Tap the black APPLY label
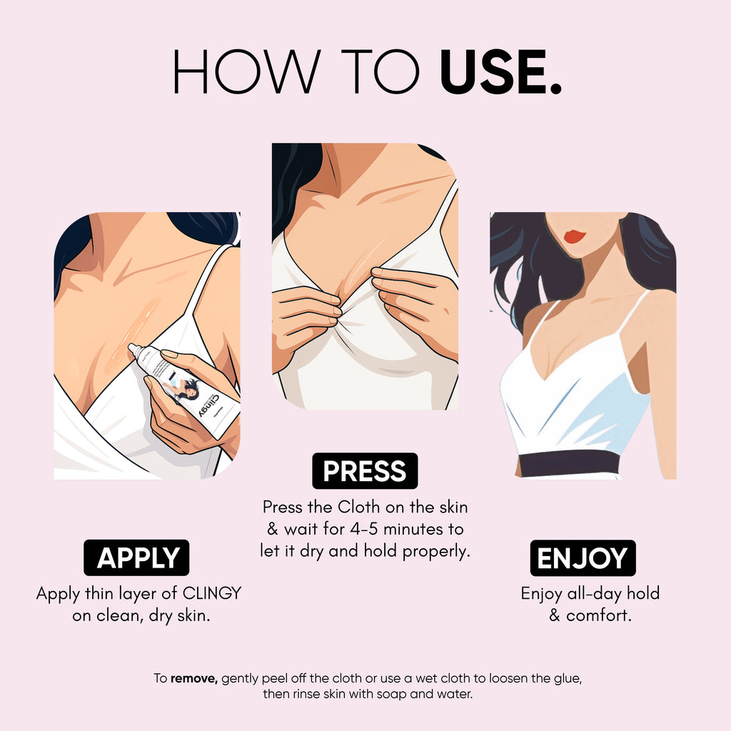tap(136, 558)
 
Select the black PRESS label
tap(365, 471)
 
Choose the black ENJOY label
tap(583, 558)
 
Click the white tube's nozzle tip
tap(133, 348)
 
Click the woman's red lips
tap(575, 236)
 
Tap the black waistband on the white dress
tap(569, 463)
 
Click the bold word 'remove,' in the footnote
tap(194, 677)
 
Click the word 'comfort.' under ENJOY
tap(599, 615)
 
